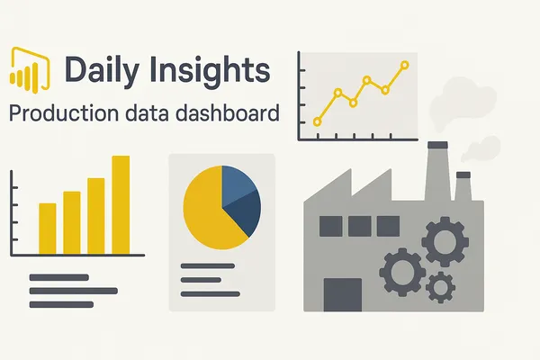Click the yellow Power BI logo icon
[x=30, y=70]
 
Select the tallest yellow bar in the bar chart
[x=121, y=205]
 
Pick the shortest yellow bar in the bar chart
[x=48, y=229]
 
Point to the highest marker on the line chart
[x=405, y=65]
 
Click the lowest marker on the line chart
[x=318, y=121]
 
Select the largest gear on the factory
[x=445, y=242]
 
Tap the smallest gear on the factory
[x=440, y=287]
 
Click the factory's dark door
[x=343, y=295]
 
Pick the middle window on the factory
[x=359, y=226]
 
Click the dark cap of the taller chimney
[x=437, y=145]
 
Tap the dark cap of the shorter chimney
[x=463, y=175]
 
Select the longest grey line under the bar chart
[x=74, y=291]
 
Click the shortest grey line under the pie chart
[x=201, y=280]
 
